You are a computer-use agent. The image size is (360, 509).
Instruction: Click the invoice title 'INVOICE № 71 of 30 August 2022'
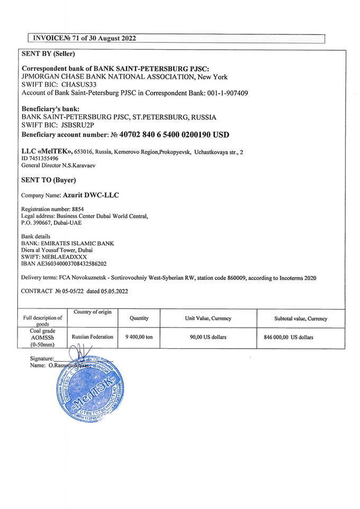point(84,38)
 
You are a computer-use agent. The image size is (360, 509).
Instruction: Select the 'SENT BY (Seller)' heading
point(48,54)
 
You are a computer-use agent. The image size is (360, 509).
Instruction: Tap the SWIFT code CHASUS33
point(79,85)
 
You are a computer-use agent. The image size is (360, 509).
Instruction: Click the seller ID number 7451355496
point(43,158)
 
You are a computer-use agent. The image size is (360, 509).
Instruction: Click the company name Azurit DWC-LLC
point(91,195)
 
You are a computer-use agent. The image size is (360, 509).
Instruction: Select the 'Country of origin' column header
point(93,312)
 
